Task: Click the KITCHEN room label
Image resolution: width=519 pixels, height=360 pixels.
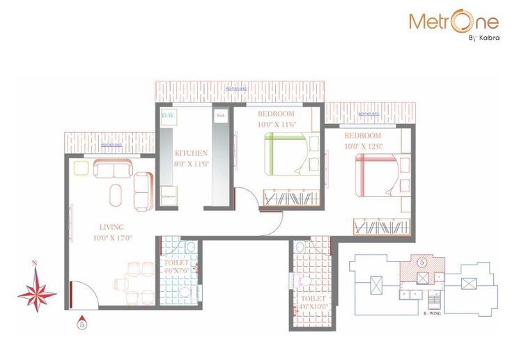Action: (x=191, y=153)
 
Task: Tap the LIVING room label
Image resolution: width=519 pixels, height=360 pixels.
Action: (x=111, y=227)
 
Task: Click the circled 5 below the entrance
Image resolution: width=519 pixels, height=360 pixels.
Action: (x=82, y=324)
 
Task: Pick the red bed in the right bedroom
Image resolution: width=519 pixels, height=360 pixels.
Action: (x=376, y=175)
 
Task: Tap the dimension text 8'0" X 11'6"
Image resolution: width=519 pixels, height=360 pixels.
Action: (x=191, y=164)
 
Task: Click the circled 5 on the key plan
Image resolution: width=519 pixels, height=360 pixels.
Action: (x=421, y=263)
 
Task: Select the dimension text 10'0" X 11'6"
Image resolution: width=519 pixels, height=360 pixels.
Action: (x=277, y=124)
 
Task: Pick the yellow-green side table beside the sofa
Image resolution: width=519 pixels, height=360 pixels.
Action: (x=81, y=168)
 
